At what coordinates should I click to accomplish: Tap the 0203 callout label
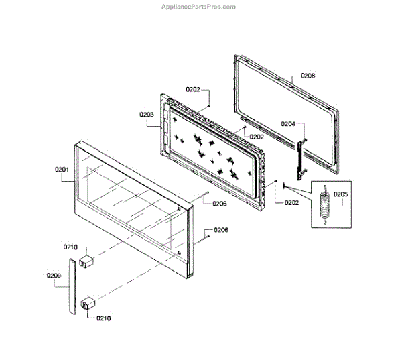pos(147,115)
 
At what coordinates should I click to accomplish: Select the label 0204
pos(288,124)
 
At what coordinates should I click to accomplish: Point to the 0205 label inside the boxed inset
pos(341,195)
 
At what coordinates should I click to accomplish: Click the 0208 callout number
pos(308,76)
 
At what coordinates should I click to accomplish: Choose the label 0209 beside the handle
pos(54,275)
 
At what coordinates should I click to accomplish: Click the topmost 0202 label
pos(192,89)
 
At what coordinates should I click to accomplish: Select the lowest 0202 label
pos(291,203)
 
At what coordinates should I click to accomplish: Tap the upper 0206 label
pos(220,204)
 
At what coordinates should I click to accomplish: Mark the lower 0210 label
pos(104,318)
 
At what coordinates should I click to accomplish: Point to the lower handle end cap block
pos(86,305)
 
